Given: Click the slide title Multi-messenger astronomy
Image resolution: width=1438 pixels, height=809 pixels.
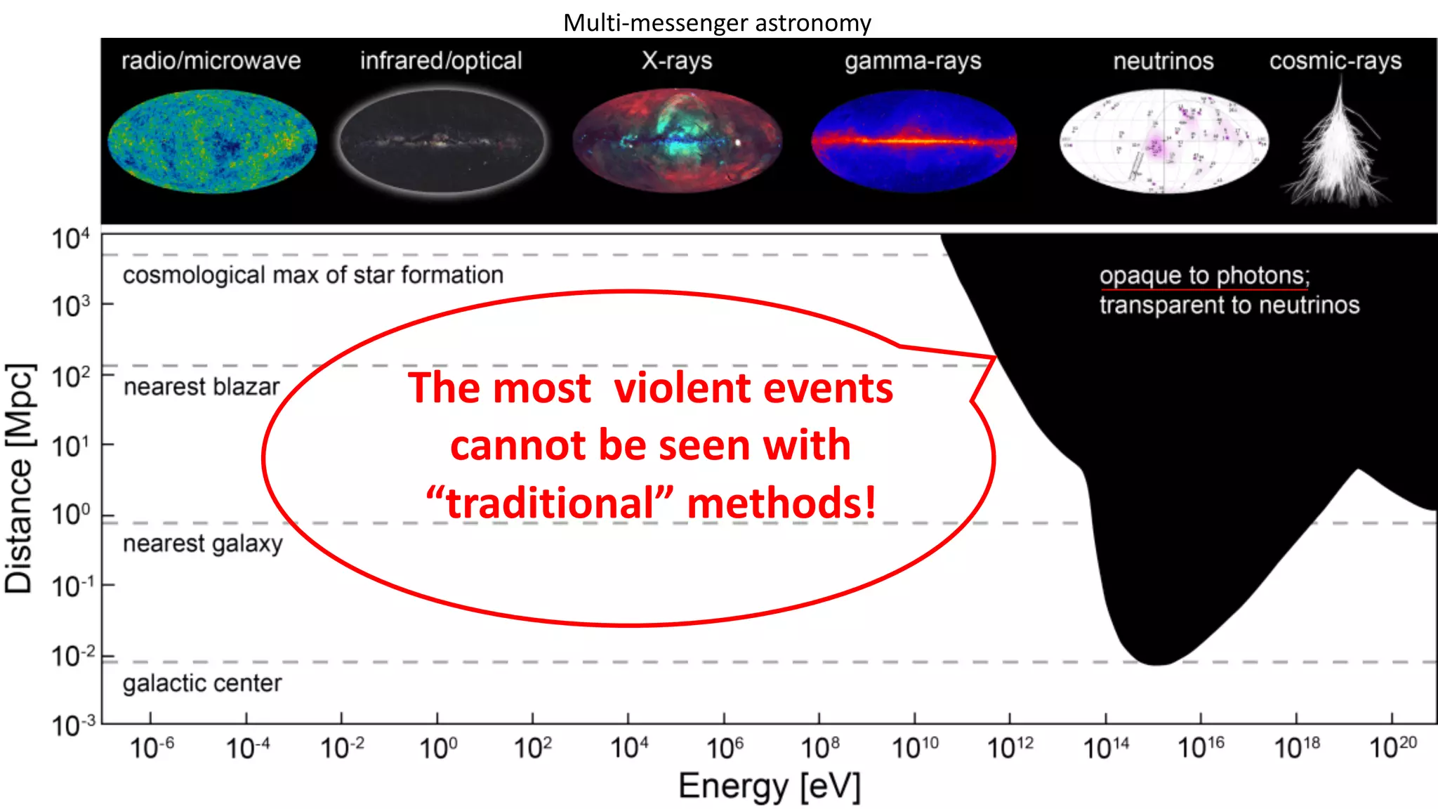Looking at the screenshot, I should pyautogui.click(x=717, y=23).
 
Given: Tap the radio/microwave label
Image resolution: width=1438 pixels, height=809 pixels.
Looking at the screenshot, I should pyautogui.click(x=211, y=61).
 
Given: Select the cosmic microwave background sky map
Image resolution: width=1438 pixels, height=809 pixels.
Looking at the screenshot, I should pyautogui.click(x=212, y=140).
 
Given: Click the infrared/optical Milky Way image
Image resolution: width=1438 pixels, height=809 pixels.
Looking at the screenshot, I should pyautogui.click(x=442, y=140).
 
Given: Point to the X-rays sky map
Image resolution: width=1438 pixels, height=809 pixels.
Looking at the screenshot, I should pyautogui.click(x=677, y=140).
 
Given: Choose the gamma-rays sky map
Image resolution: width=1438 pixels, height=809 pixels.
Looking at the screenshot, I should pyautogui.click(x=913, y=140).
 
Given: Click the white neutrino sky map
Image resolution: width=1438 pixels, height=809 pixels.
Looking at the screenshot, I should pyautogui.click(x=1163, y=141).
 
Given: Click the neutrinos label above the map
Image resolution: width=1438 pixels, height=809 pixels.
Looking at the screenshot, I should pyautogui.click(x=1163, y=61).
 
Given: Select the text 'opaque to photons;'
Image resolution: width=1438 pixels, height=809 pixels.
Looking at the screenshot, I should pyautogui.click(x=1204, y=275).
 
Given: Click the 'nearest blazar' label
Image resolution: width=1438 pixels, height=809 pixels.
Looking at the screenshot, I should pyautogui.click(x=202, y=387).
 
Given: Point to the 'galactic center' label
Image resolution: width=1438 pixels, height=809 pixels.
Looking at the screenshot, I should pyautogui.click(x=202, y=683).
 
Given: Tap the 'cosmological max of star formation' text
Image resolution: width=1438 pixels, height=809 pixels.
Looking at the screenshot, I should pyautogui.click(x=313, y=275).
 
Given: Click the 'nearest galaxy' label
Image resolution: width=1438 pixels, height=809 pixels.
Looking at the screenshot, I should pyautogui.click(x=203, y=544).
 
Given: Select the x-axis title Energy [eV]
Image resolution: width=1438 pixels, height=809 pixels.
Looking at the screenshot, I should pyautogui.click(x=769, y=787).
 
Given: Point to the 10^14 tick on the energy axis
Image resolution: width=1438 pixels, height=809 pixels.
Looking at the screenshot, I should pyautogui.click(x=1106, y=748).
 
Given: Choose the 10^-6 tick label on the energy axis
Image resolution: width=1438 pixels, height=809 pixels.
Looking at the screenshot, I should pyautogui.click(x=152, y=748).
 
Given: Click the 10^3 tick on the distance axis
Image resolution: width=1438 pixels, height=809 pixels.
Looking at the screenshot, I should pyautogui.click(x=71, y=305).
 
